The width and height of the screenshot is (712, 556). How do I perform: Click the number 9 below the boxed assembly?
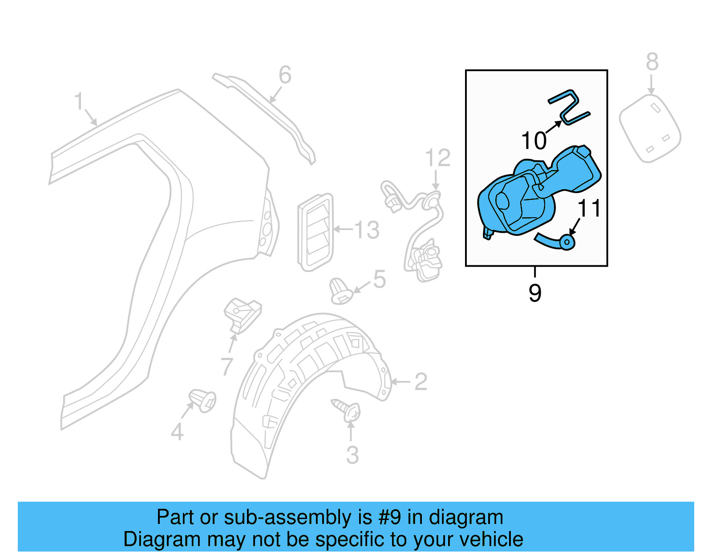click(535, 293)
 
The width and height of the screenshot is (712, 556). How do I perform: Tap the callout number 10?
click(534, 141)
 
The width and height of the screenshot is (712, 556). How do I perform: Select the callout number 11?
click(589, 208)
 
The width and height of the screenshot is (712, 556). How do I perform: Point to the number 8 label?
click(652, 62)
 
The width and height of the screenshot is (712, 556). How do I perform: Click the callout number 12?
click(437, 158)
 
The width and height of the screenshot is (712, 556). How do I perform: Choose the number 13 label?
click(367, 230)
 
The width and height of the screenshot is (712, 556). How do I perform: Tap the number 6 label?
click(285, 75)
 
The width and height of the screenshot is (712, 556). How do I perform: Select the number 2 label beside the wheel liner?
click(421, 382)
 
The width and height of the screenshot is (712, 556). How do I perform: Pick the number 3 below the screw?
click(352, 455)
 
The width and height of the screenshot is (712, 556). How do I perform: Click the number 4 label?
click(177, 432)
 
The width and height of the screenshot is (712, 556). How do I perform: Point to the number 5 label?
click(379, 279)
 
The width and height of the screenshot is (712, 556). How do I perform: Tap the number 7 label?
click(227, 366)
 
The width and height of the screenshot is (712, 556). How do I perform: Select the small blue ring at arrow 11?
click(567, 242)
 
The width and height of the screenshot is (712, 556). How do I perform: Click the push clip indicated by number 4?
click(202, 400)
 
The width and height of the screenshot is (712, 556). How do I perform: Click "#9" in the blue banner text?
click(390, 517)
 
